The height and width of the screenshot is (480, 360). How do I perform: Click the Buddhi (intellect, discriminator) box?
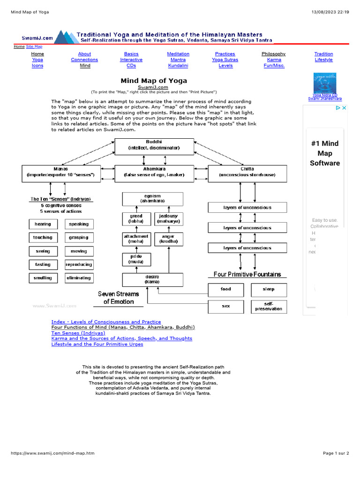(x=154, y=147)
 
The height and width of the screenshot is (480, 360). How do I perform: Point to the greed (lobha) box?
(x=136, y=219)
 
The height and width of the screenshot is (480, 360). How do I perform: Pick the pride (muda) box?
(x=136, y=259)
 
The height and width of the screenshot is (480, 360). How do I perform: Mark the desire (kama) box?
(x=152, y=280)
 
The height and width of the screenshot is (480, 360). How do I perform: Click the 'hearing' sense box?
(x=43, y=224)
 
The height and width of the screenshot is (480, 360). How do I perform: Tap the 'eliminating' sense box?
(x=79, y=278)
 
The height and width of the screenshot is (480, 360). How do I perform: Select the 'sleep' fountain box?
(x=269, y=290)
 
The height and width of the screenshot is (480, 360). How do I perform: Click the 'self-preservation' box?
(x=269, y=307)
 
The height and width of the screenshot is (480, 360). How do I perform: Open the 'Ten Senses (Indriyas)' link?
(x=78, y=333)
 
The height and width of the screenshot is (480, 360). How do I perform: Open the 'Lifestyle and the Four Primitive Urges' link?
(x=97, y=344)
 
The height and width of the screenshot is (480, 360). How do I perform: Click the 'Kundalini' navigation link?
(x=178, y=66)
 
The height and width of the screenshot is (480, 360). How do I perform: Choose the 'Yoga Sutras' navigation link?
(x=225, y=60)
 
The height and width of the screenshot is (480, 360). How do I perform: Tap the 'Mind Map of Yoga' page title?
(x=154, y=81)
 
